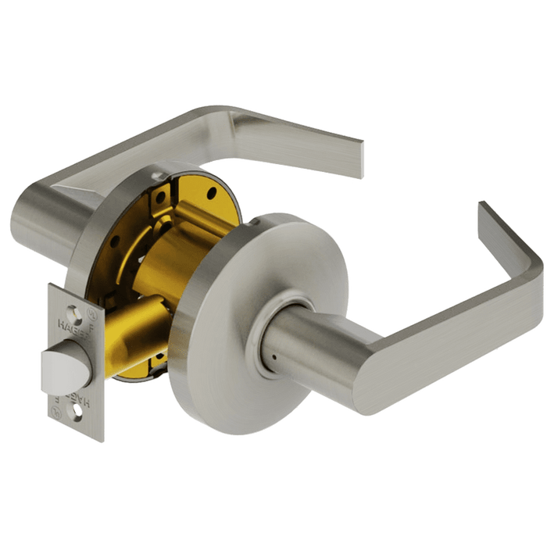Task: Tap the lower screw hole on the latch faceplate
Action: [x=76, y=409]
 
